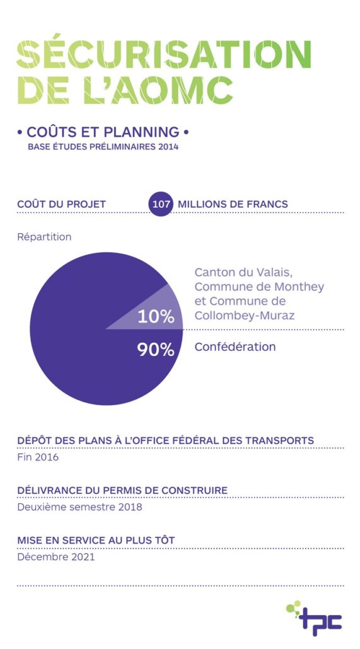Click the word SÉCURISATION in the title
(164, 54)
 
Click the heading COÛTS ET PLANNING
(103, 132)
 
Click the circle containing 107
(160, 204)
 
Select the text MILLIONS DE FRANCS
(233, 204)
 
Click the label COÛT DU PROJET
(61, 204)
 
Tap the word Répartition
(44, 237)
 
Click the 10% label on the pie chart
(155, 317)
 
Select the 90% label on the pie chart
(155, 350)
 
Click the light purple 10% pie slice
(161, 311)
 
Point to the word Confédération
(235, 347)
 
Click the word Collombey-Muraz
(245, 316)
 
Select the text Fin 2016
(38, 457)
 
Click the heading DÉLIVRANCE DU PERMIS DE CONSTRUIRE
(122, 490)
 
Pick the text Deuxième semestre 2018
(79, 507)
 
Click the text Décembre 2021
(56, 557)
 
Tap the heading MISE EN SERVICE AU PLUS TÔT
(96, 540)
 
